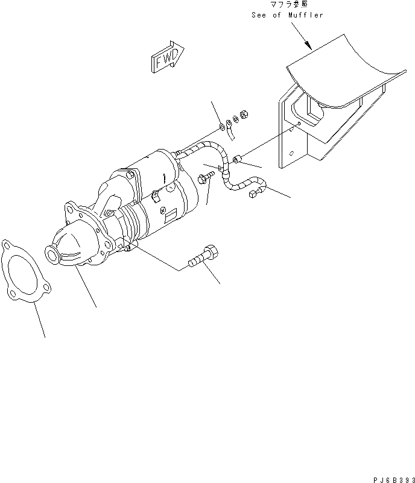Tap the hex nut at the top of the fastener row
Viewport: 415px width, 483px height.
[244, 113]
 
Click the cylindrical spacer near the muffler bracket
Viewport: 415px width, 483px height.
[238, 160]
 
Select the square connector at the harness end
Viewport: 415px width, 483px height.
[254, 194]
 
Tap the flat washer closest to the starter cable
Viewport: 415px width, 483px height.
[223, 127]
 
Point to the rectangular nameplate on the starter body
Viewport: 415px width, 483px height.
[171, 210]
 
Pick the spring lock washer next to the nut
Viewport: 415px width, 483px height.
[235, 119]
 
